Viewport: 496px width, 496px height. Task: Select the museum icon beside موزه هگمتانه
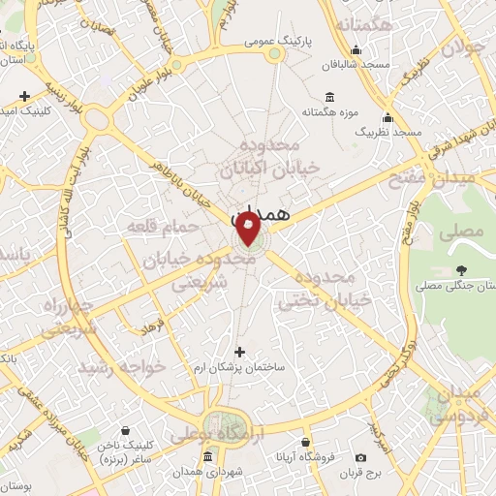coord(329,96)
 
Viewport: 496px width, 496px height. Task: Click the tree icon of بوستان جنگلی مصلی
coord(460,271)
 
